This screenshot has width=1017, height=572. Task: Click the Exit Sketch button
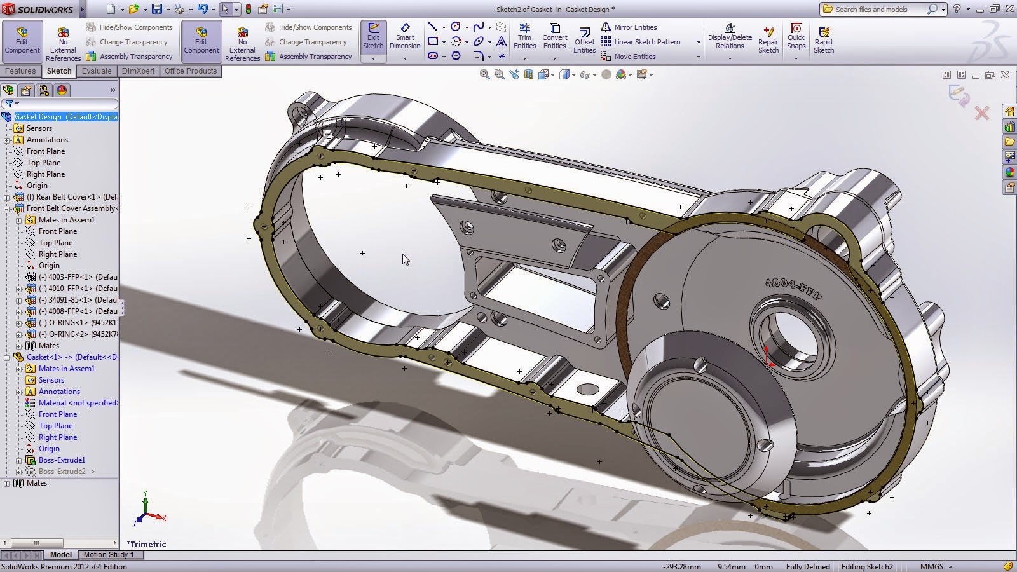373,37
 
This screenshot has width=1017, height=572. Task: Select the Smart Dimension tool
405,37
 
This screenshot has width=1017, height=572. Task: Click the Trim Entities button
524,37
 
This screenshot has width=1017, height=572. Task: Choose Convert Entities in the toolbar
554,37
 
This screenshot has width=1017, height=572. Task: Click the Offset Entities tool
584,39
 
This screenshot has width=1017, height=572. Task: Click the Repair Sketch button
768,39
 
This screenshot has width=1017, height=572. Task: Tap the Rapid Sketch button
823,39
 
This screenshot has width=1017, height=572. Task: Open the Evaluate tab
97,71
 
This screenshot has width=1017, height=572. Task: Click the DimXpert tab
138,71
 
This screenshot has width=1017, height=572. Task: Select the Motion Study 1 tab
109,555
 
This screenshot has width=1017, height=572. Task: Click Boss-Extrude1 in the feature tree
62,460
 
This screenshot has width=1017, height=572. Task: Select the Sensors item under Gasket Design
39,128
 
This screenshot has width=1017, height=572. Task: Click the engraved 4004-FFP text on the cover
793,289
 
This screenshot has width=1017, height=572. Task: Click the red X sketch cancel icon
982,114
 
